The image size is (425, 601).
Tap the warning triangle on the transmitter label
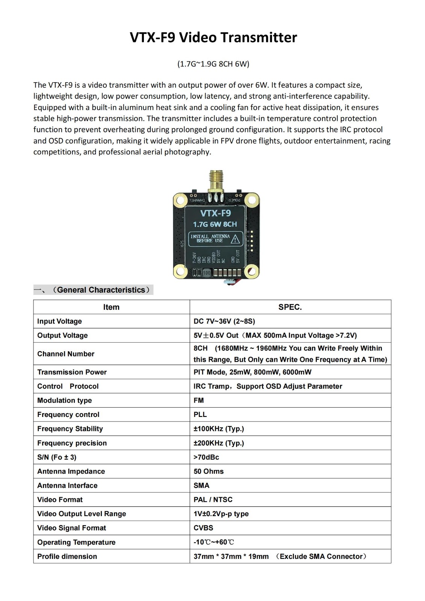click(x=235, y=239)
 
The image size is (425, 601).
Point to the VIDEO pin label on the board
click(x=214, y=257)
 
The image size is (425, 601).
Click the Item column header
click(x=111, y=307)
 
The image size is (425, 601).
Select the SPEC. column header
click(x=290, y=307)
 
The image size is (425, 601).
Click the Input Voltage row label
click(x=59, y=321)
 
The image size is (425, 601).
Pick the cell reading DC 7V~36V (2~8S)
click(x=224, y=321)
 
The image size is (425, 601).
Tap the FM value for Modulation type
click(x=198, y=400)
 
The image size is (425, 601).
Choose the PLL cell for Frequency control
click(x=200, y=414)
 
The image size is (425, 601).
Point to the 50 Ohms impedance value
click(x=208, y=471)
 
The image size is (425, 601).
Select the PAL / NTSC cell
click(x=213, y=500)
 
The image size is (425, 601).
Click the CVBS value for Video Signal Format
click(x=203, y=528)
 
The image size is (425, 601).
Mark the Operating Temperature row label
click(x=76, y=542)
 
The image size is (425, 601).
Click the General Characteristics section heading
click(x=101, y=290)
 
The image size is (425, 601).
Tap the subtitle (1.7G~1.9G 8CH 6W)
click(x=213, y=64)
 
